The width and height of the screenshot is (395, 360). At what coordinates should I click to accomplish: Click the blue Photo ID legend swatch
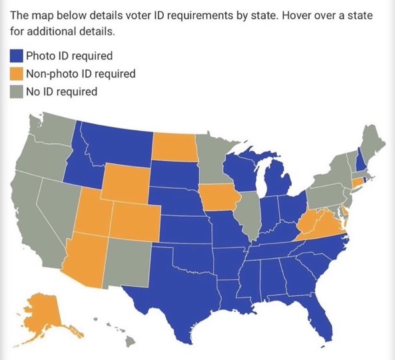(x=17, y=55)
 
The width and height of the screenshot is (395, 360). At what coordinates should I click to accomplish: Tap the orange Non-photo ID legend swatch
(x=17, y=73)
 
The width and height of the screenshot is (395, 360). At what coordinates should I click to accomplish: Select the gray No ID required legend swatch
(x=17, y=91)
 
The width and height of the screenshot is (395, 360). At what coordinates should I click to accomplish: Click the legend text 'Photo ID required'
(x=69, y=55)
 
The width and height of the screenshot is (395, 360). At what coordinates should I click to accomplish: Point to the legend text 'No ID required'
(x=61, y=91)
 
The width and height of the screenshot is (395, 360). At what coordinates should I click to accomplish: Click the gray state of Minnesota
(x=213, y=160)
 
